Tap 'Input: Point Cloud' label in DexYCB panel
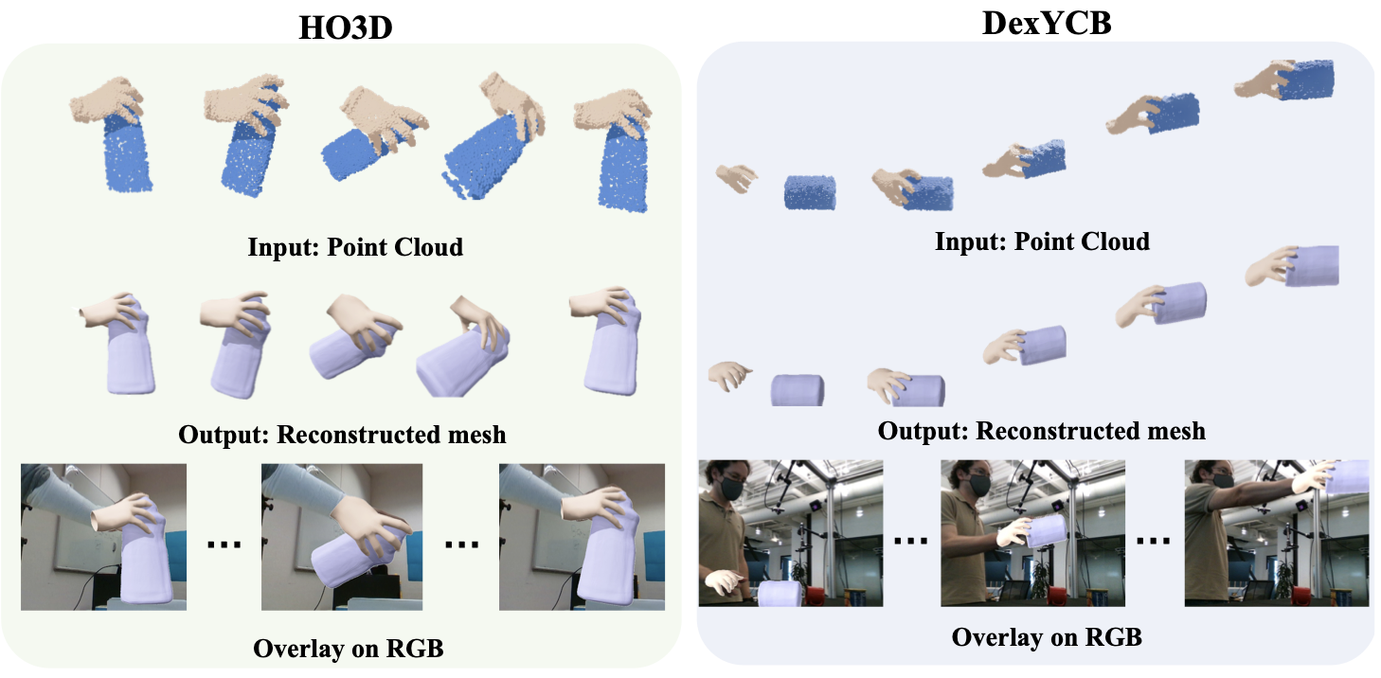(1042, 241)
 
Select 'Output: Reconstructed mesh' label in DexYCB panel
(1041, 431)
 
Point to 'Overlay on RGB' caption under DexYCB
(1047, 636)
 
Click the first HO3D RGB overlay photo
(104, 537)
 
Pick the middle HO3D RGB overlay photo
(345, 537)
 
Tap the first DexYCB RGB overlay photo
(790, 533)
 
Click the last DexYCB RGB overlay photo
(1277, 533)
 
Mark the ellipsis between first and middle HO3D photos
(224, 545)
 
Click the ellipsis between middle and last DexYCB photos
(1154, 541)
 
